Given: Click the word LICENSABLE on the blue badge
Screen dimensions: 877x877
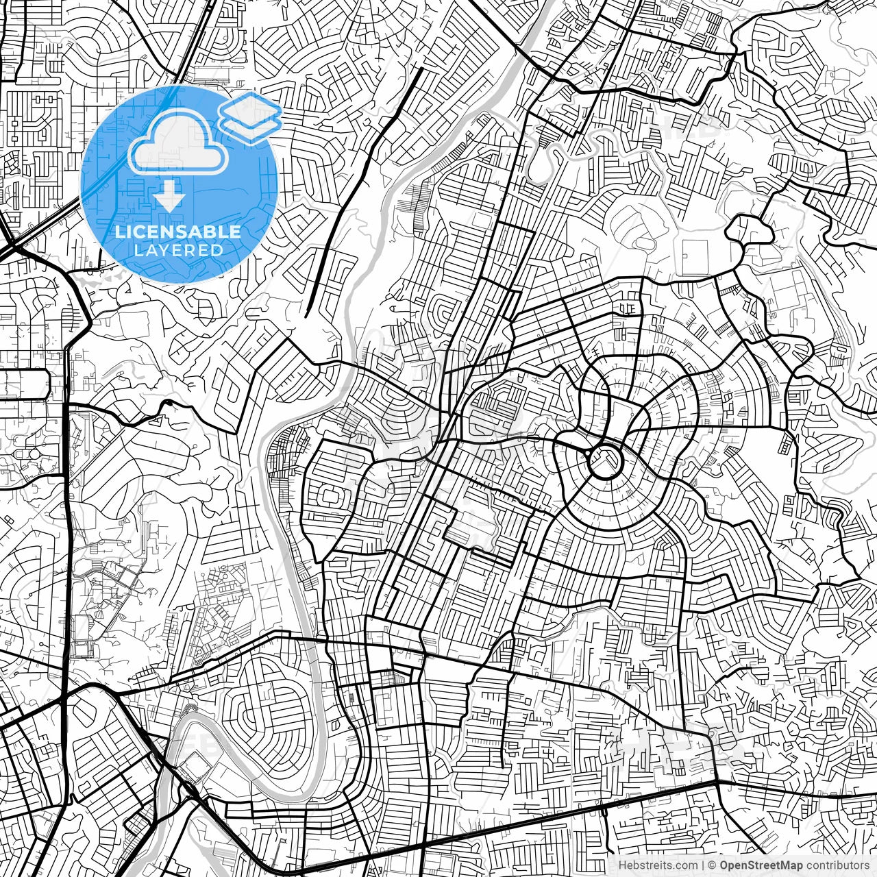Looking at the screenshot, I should pyautogui.click(x=178, y=232).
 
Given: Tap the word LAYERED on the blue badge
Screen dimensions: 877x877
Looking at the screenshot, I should pyautogui.click(x=178, y=250).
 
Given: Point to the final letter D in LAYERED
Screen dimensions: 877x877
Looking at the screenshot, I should pyautogui.click(x=219, y=250).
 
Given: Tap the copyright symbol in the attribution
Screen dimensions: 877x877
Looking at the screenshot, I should pyautogui.click(x=713, y=865).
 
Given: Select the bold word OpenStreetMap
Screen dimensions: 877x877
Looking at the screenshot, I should pyautogui.click(x=761, y=865).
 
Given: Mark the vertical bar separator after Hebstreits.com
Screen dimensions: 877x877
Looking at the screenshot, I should pyautogui.click(x=704, y=865).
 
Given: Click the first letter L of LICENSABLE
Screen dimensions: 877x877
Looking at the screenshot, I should pyautogui.click(x=119, y=232).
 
